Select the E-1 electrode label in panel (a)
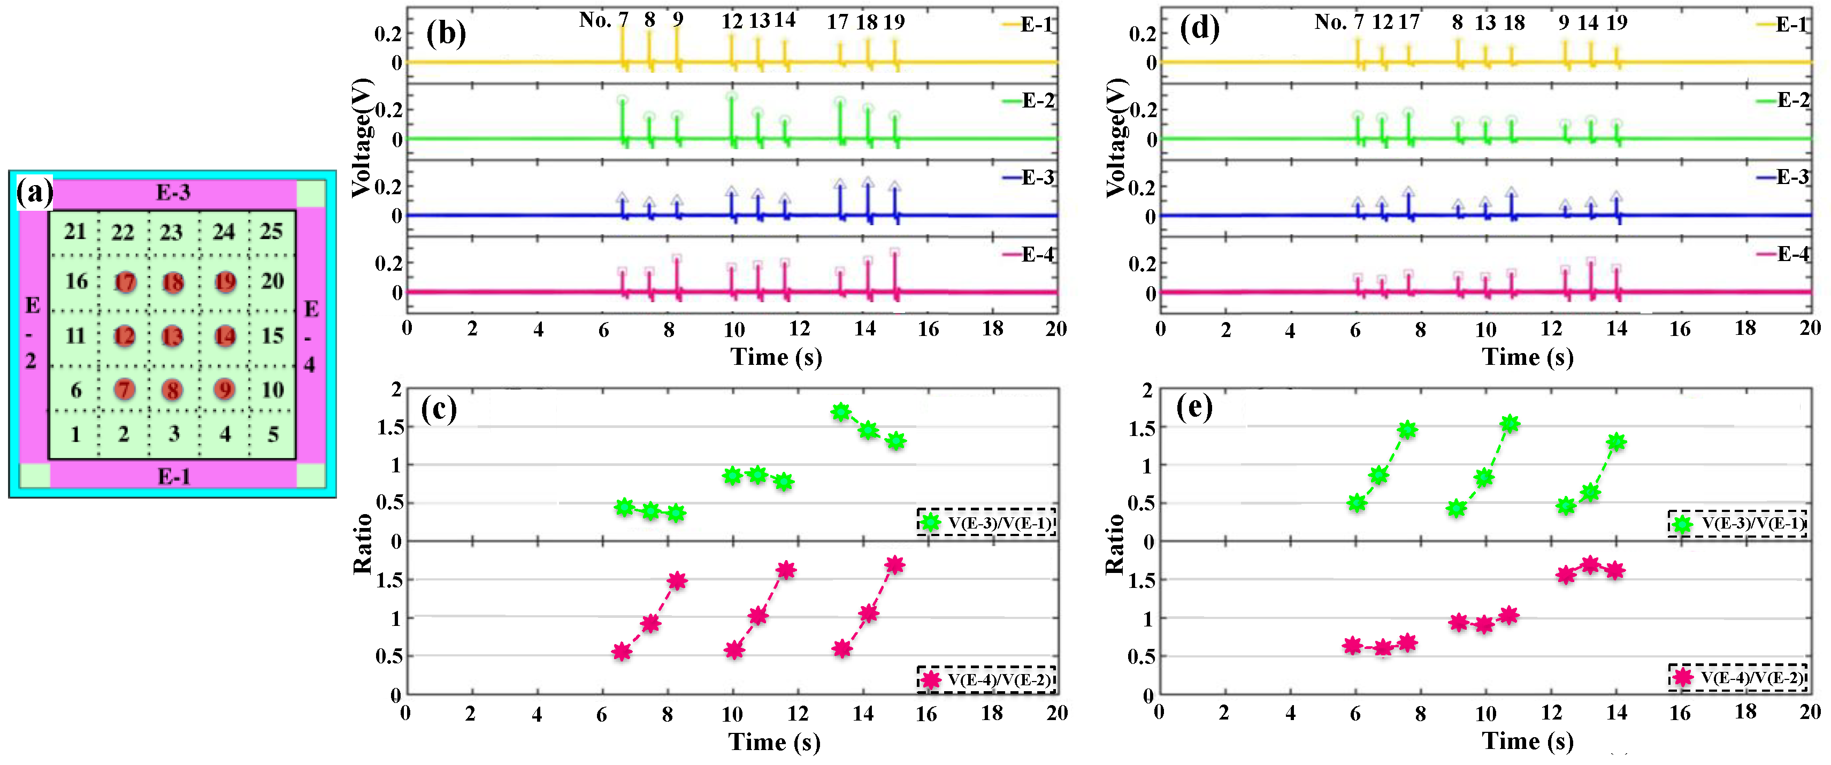(x=173, y=476)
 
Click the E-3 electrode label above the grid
(x=173, y=193)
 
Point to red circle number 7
(x=125, y=389)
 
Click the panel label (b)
(x=446, y=33)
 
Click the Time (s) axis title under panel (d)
(x=1527, y=356)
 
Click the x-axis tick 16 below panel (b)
(x=928, y=329)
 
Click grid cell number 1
(x=75, y=434)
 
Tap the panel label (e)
(x=1194, y=408)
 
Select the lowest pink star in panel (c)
(x=622, y=652)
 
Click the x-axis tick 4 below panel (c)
(x=537, y=714)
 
